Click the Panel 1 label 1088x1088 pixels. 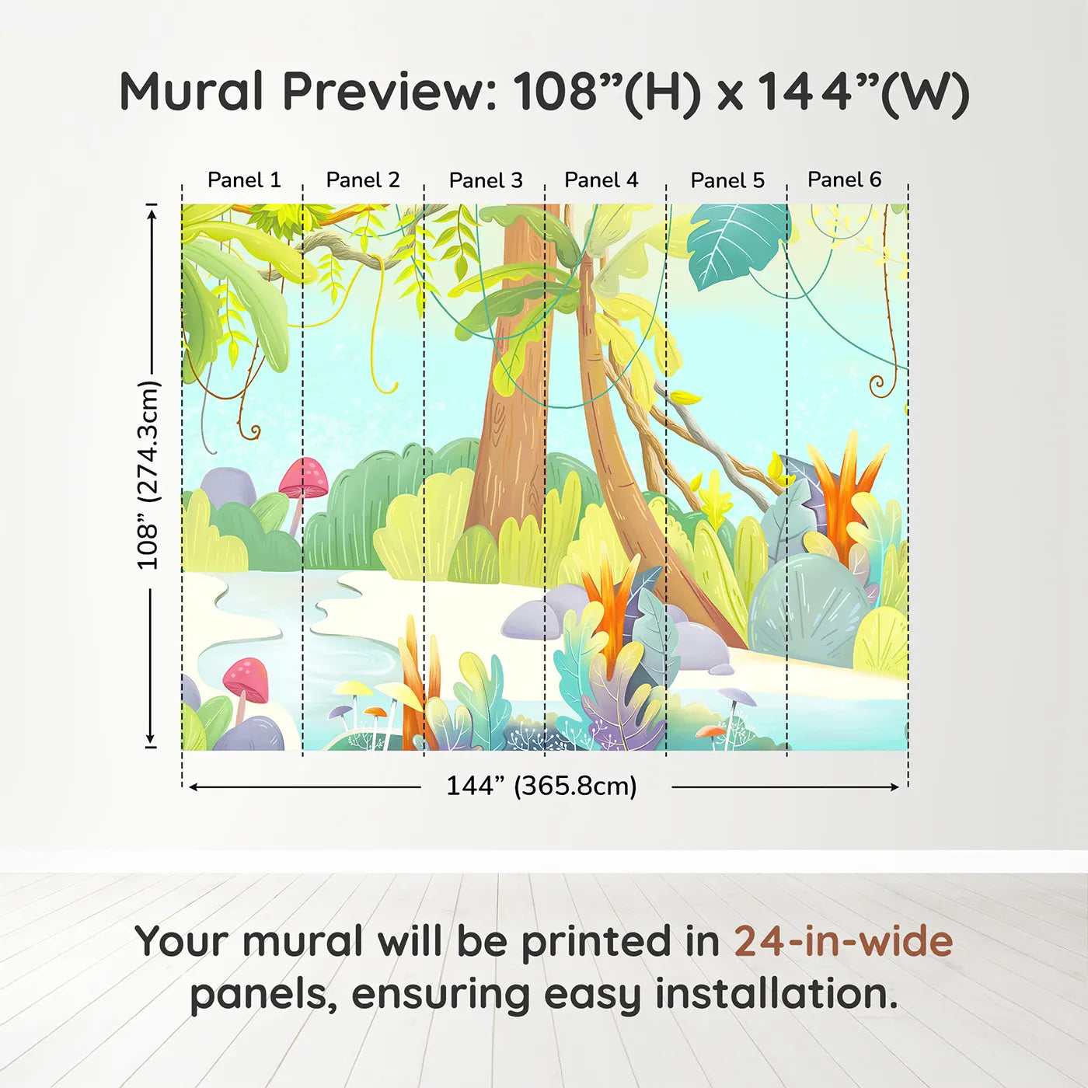[x=244, y=180]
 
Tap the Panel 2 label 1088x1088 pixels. [x=363, y=180]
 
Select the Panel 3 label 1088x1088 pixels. [x=486, y=181]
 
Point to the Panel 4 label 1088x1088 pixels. [x=602, y=180]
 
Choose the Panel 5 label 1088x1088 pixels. [x=727, y=181]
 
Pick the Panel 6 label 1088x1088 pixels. [x=844, y=180]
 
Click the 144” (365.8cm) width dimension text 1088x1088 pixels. [x=542, y=786]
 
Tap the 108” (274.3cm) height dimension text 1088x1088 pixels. [x=148, y=475]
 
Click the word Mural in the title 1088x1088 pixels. [x=191, y=92]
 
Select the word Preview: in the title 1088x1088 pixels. [x=389, y=92]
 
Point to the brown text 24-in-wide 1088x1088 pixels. [x=843, y=941]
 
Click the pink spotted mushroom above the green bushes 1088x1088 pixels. [x=305, y=476]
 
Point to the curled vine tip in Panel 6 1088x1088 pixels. [x=877, y=385]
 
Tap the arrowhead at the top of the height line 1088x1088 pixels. [x=152, y=211]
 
